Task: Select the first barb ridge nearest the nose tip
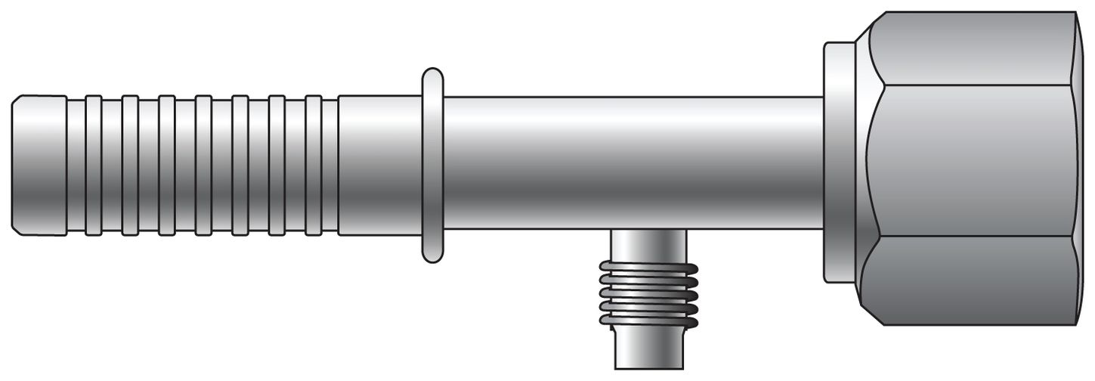(x=94, y=165)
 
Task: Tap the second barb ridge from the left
(x=130, y=165)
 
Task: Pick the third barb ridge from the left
(x=167, y=165)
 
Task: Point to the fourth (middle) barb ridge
(x=203, y=165)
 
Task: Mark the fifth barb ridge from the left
(x=240, y=165)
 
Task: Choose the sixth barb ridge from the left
(x=277, y=165)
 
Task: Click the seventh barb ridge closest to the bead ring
(x=314, y=165)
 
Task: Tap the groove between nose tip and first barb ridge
(x=76, y=165)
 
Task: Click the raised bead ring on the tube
(x=432, y=165)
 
